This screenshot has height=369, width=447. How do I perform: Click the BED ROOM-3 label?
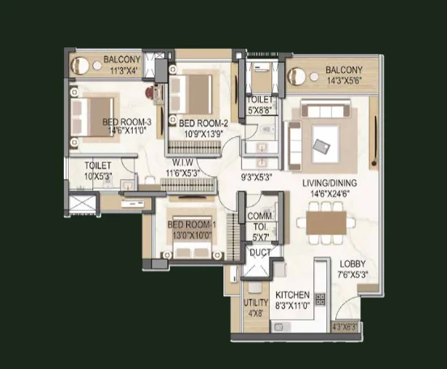tap(126, 122)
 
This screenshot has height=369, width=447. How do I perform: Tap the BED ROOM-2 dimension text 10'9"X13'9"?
tap(203, 134)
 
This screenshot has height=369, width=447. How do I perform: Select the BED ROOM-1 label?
tap(192, 225)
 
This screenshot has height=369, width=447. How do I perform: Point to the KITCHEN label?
tap(292, 294)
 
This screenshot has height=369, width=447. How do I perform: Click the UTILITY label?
tap(256, 302)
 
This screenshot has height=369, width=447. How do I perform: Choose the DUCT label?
tap(260, 252)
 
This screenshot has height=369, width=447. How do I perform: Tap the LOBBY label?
tap(352, 264)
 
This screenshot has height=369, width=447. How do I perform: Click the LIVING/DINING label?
tap(330, 182)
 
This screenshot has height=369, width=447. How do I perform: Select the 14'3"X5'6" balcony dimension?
tap(344, 80)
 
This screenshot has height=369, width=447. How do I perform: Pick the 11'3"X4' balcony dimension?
tap(124, 71)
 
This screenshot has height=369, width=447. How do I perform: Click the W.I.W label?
tap(182, 162)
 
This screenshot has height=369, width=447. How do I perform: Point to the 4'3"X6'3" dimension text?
tap(344, 327)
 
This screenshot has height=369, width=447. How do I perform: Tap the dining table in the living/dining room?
tap(326, 222)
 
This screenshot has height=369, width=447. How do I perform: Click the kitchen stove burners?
tap(320, 299)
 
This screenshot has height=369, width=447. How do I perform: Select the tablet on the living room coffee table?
tap(321, 147)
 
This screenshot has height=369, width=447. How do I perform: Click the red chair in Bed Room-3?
tap(149, 92)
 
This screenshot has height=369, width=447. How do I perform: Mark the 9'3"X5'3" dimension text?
tap(256, 178)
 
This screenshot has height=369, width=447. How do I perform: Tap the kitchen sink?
tap(280, 327)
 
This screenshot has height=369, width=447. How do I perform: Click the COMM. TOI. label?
tap(260, 221)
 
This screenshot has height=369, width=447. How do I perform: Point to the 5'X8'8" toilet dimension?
tap(259, 110)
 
